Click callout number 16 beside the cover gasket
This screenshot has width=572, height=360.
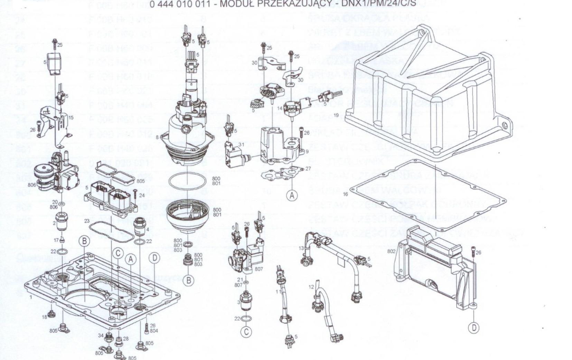tap(345, 194)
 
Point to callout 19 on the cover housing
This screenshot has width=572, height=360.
tap(336, 115)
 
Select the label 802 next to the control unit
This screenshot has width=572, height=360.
tap(391, 251)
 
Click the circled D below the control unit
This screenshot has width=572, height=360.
tap(474, 328)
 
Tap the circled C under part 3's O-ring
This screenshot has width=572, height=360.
tap(246, 332)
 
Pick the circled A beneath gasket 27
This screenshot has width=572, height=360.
tap(292, 196)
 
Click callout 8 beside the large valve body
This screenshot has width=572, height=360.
tap(157, 138)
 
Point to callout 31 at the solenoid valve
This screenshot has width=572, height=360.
tap(241, 144)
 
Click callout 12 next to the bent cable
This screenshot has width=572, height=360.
tap(311, 287)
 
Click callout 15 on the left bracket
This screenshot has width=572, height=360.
tap(71, 118)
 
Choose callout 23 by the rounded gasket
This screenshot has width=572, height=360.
tap(87, 221)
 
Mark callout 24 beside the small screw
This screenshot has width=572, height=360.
tap(142, 195)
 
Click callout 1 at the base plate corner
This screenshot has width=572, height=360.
tap(31, 297)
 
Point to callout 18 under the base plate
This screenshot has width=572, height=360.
tap(45, 317)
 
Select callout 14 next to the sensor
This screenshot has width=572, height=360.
tap(280, 108)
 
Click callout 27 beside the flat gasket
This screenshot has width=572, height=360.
tap(308, 169)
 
